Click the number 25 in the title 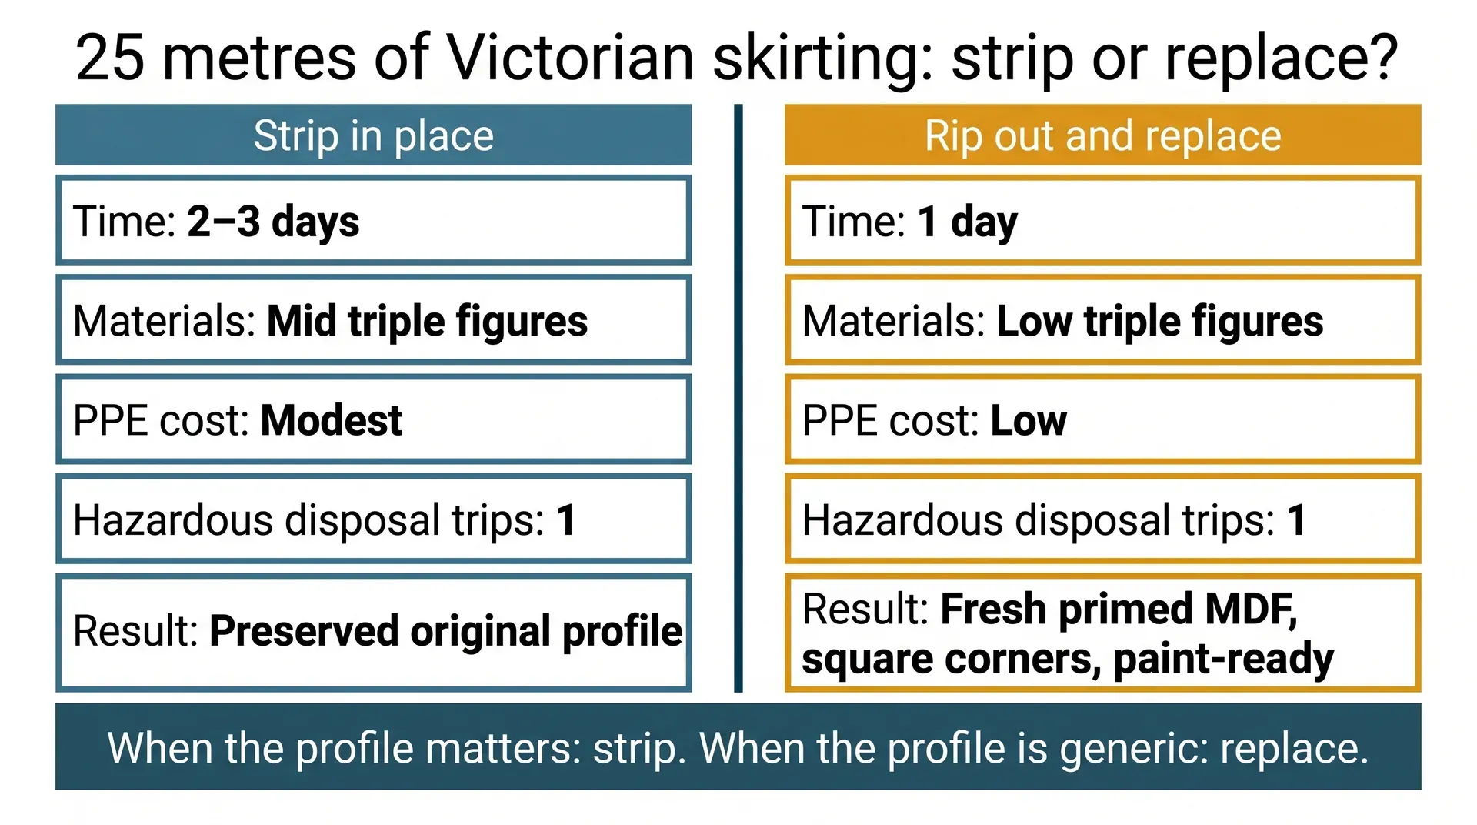(x=109, y=58)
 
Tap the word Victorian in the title (x=570, y=58)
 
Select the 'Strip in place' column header (x=373, y=136)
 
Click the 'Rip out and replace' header (x=1102, y=136)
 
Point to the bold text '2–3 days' (x=273, y=222)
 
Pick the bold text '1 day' (x=967, y=222)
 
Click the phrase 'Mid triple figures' (x=427, y=321)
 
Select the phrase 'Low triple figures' (x=1159, y=321)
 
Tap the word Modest (x=331, y=420)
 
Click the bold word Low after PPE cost (x=1029, y=420)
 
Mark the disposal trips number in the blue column (x=566, y=520)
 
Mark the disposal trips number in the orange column (x=1296, y=520)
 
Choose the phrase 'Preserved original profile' (x=445, y=631)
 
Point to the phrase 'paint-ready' (x=1223, y=659)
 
